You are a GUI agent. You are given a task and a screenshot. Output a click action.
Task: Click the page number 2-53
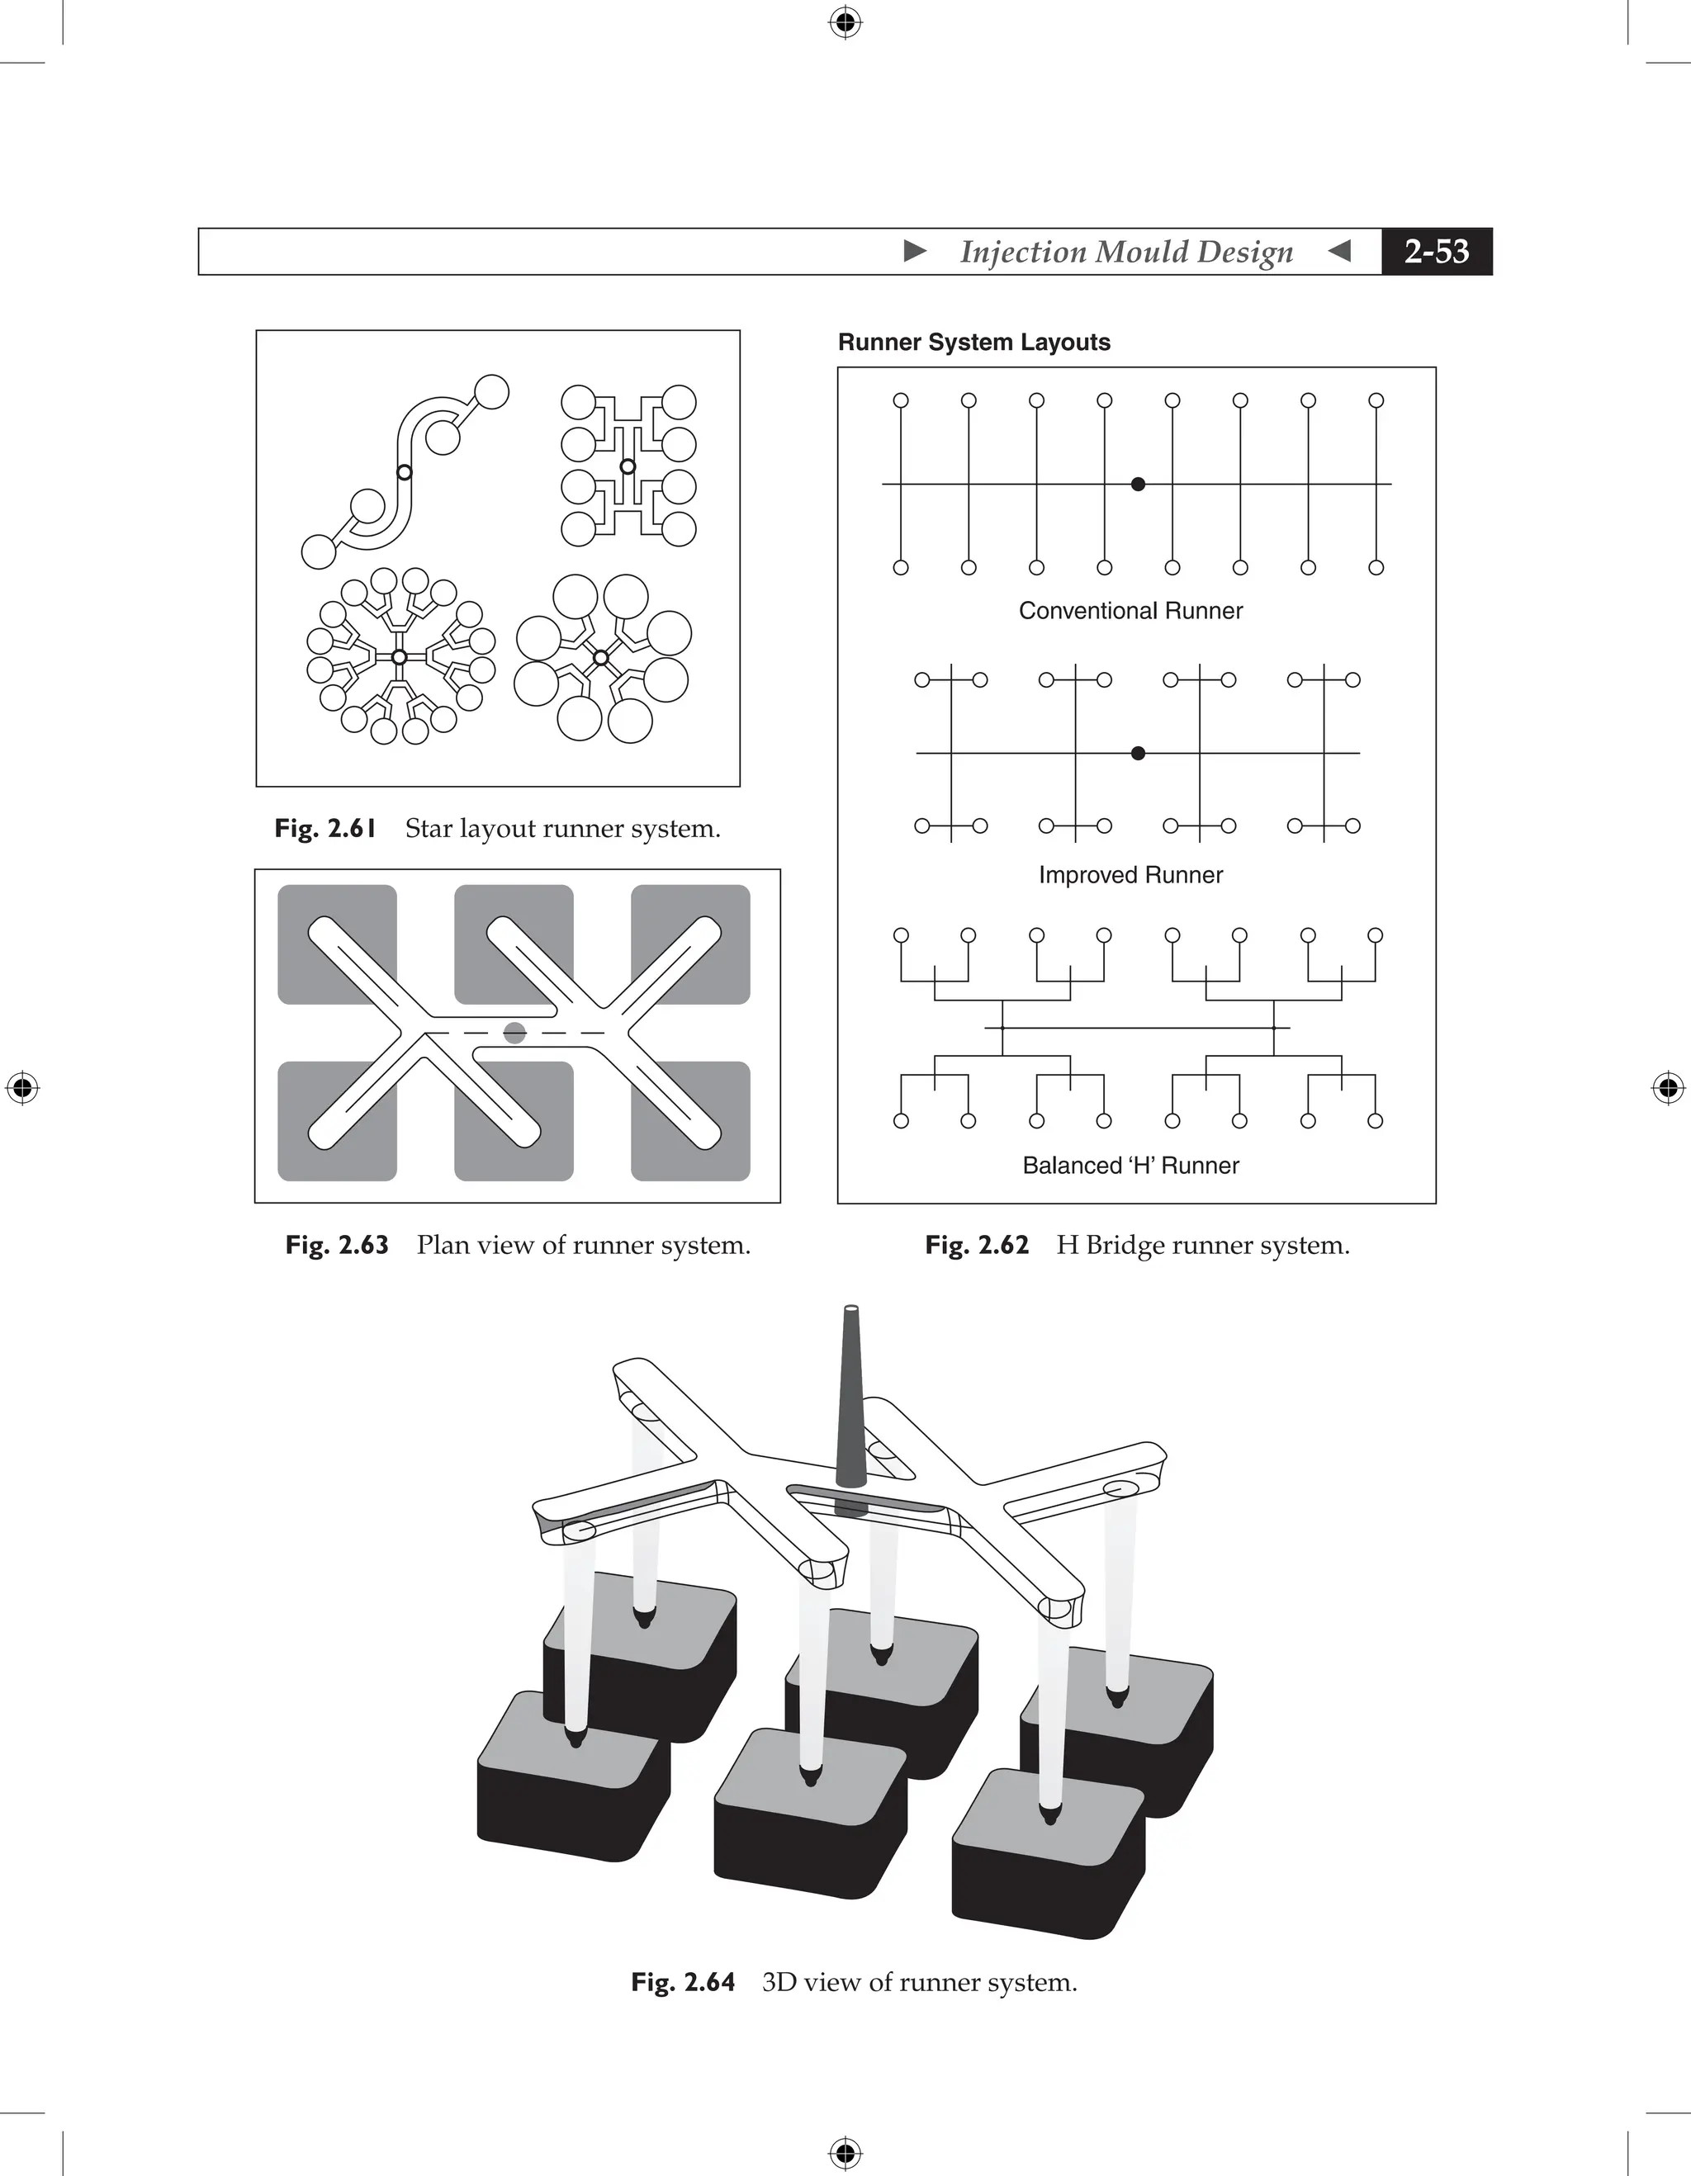(x=1436, y=251)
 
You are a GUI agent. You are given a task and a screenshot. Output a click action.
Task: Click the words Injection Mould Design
(x=1126, y=251)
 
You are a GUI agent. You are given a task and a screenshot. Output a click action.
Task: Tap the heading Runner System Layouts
(x=973, y=342)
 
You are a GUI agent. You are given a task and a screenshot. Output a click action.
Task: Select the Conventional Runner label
(x=1130, y=611)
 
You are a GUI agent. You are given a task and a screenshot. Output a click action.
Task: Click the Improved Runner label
(x=1130, y=875)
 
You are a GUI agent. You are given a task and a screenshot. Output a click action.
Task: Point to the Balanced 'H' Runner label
(x=1130, y=1166)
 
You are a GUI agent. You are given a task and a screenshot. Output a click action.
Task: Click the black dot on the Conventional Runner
(x=1138, y=485)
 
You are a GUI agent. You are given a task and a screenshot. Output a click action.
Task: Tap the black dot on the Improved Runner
(x=1138, y=753)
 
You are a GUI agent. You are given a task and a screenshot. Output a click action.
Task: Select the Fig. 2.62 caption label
(x=977, y=1246)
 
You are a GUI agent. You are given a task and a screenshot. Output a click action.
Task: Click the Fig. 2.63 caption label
(x=337, y=1246)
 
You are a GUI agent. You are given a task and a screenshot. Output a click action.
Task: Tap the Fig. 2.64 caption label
(x=683, y=1983)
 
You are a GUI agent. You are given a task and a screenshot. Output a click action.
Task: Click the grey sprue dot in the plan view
(x=514, y=1032)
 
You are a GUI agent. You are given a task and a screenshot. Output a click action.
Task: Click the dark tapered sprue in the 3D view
(x=850, y=1405)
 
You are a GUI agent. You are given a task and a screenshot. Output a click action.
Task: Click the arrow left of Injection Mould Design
(x=915, y=251)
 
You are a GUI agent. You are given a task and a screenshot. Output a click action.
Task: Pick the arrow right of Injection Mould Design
(x=1340, y=251)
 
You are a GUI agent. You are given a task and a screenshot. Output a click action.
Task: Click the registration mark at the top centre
(x=845, y=22)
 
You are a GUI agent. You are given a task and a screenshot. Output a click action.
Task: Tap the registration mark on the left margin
(x=22, y=1088)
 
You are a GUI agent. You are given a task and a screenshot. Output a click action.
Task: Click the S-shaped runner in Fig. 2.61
(x=405, y=472)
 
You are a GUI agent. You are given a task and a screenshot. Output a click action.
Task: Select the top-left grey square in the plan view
(x=337, y=944)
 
